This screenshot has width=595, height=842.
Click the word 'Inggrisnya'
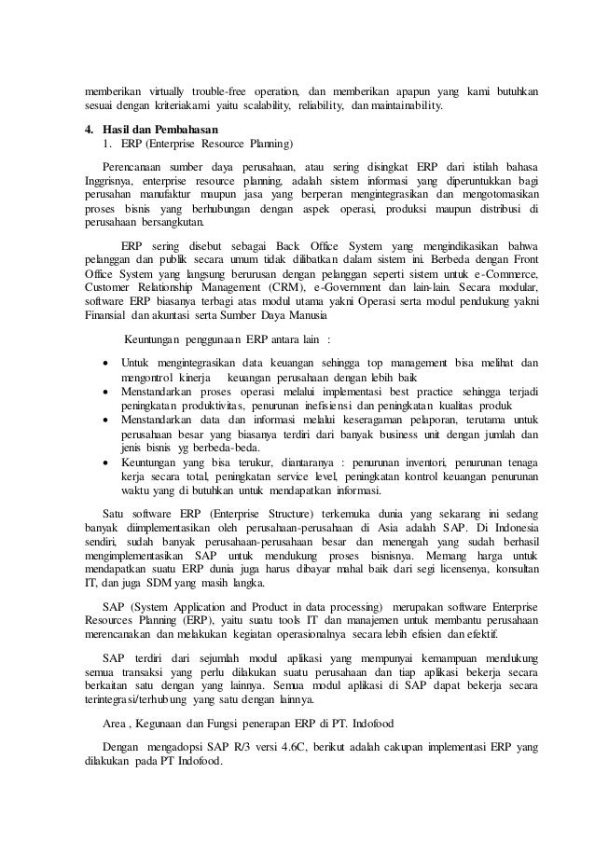(103, 180)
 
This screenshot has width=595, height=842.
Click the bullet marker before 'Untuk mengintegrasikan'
(102, 362)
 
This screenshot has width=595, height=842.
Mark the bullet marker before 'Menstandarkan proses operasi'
(102, 392)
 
